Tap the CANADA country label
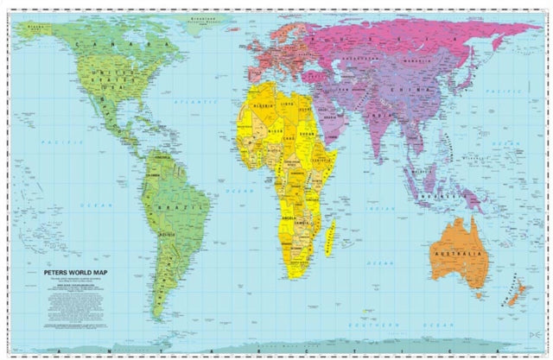tap(130, 42)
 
